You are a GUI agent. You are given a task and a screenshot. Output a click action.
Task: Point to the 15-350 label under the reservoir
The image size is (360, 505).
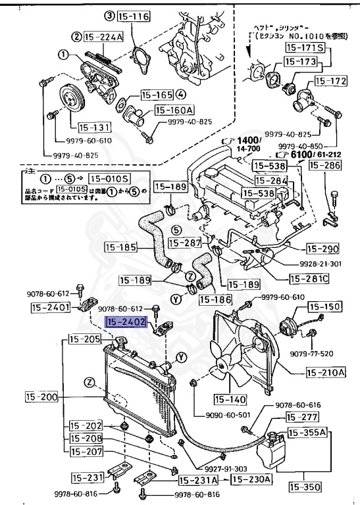click(303, 487)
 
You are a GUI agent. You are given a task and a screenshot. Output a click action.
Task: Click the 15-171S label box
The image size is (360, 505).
click(304, 47)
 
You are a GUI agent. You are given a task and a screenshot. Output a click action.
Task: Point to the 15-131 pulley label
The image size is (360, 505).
click(92, 128)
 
